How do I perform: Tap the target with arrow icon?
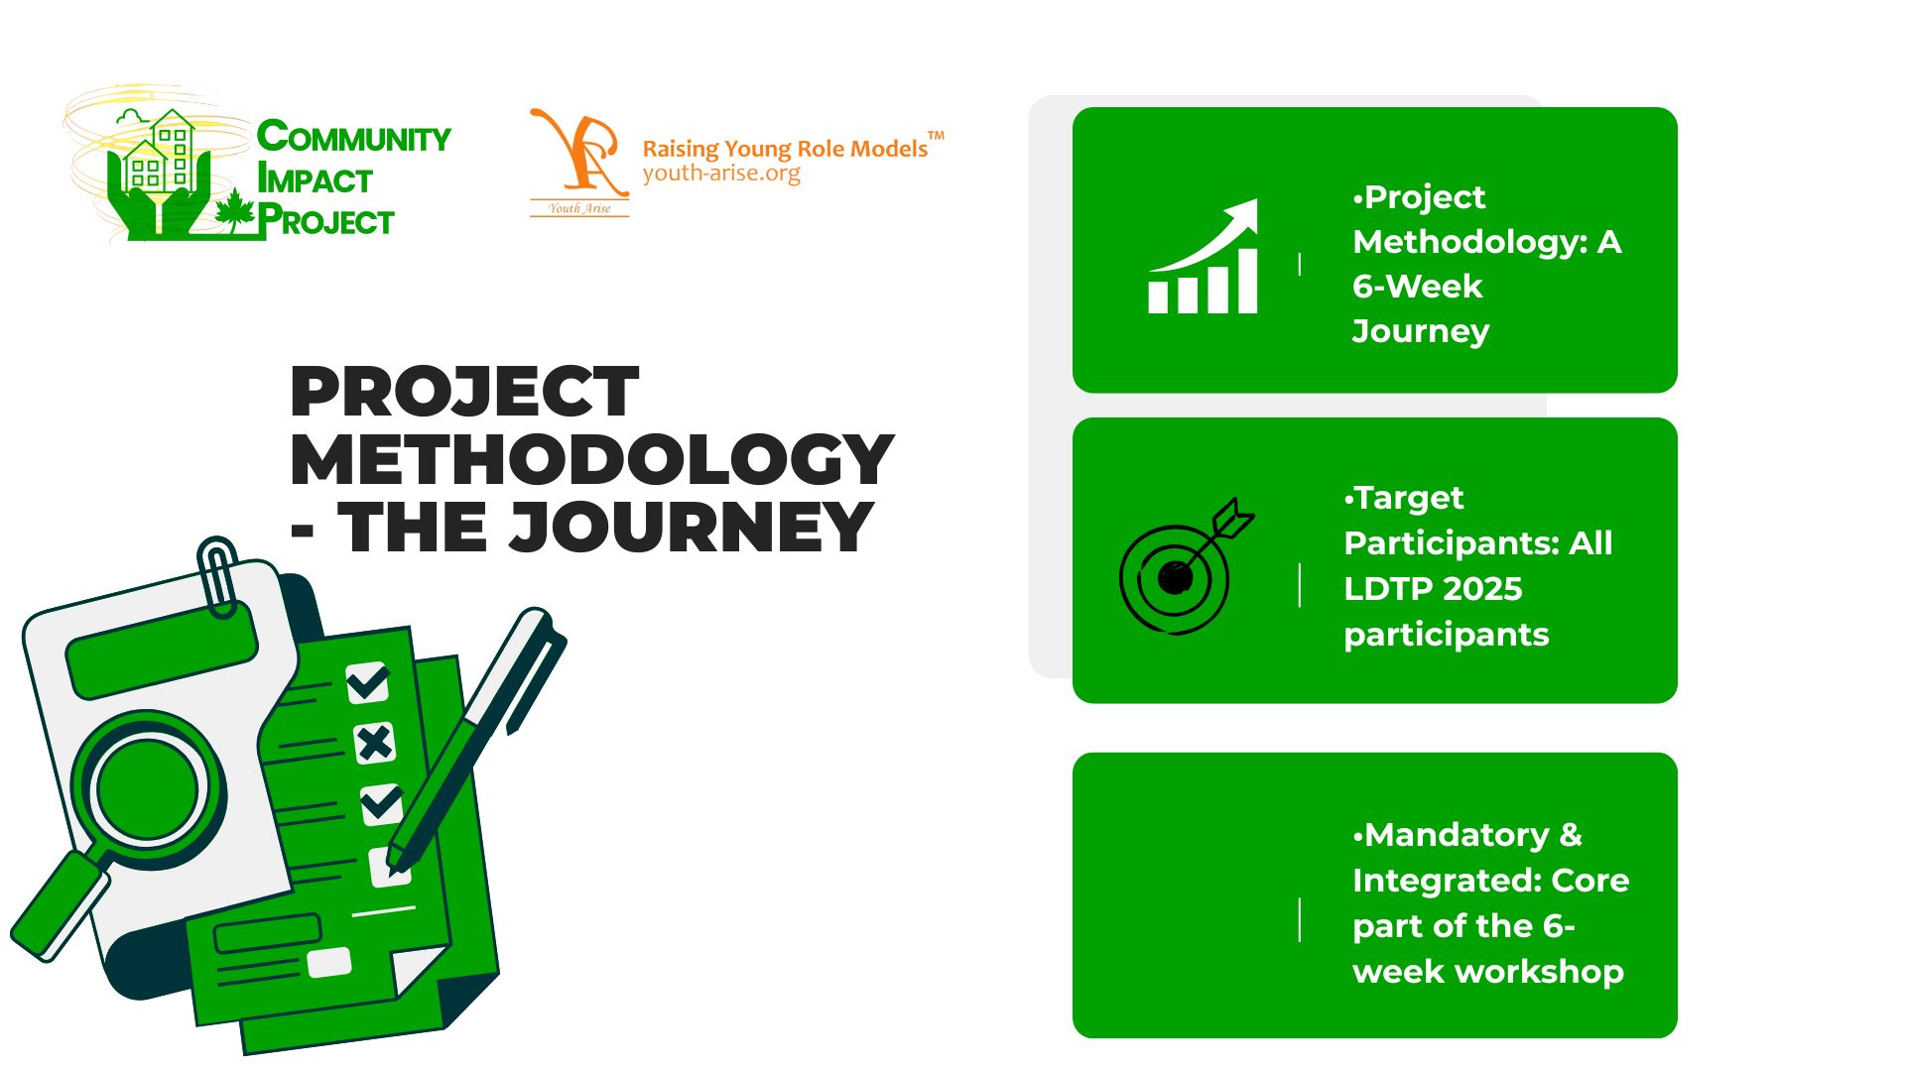(1187, 566)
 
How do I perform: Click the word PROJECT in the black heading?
(464, 392)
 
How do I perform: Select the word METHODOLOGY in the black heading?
(592, 459)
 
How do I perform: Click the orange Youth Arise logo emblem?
(579, 162)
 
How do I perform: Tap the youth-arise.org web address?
(721, 174)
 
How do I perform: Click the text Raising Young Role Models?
(785, 149)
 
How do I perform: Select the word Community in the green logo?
(354, 137)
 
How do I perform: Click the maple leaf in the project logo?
(235, 211)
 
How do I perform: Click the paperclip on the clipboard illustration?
(217, 575)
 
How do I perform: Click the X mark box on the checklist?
(374, 743)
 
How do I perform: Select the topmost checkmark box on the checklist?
(367, 682)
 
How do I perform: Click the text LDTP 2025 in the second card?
(1433, 589)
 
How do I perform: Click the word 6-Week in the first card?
(1417, 287)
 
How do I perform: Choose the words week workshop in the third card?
(1488, 972)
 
